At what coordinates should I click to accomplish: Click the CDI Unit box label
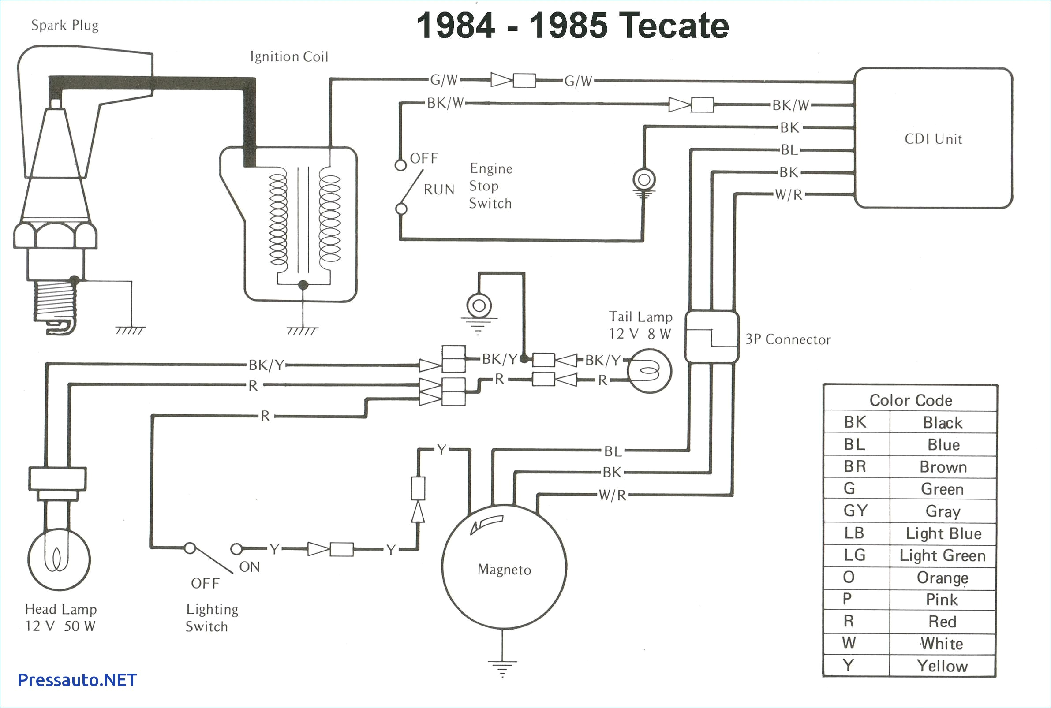click(933, 138)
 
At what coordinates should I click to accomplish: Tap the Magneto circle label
click(504, 570)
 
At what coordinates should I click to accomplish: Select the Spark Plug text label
click(64, 25)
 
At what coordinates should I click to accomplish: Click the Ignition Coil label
click(289, 56)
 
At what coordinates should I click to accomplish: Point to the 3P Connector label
click(788, 339)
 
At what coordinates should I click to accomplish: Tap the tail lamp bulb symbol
click(649, 371)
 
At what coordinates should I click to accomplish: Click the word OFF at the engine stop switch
click(424, 159)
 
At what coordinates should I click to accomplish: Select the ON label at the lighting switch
click(249, 566)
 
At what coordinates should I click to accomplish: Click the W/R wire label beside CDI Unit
click(788, 194)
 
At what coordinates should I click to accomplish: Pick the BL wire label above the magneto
click(613, 451)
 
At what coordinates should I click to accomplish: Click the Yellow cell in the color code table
click(942, 666)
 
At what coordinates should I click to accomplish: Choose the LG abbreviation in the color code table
click(855, 555)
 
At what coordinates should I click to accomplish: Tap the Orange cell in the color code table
click(942, 578)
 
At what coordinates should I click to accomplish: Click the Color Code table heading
click(911, 400)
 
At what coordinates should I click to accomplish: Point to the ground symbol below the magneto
click(502, 667)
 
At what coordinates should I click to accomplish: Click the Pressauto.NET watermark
click(77, 680)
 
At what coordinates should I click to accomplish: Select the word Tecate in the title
click(673, 26)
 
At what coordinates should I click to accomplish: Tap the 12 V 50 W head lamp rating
click(60, 626)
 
